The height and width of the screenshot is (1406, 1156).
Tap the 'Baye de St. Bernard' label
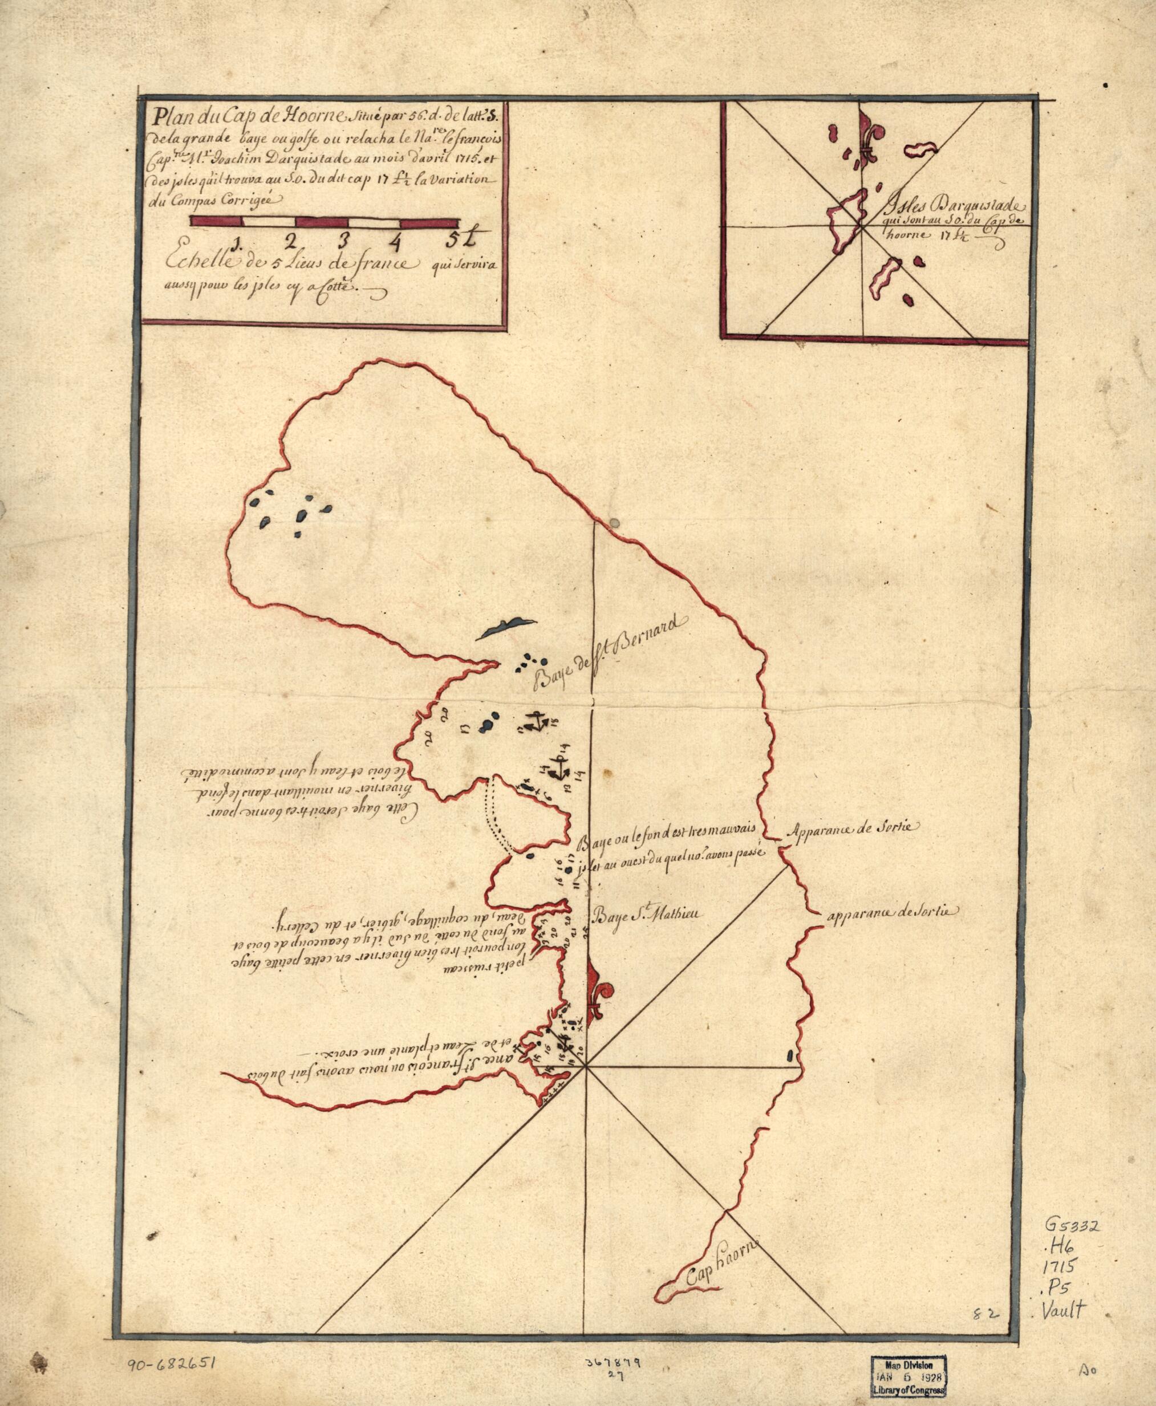603,656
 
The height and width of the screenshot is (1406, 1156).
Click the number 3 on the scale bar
343,239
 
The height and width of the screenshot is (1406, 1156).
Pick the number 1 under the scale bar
237,239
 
